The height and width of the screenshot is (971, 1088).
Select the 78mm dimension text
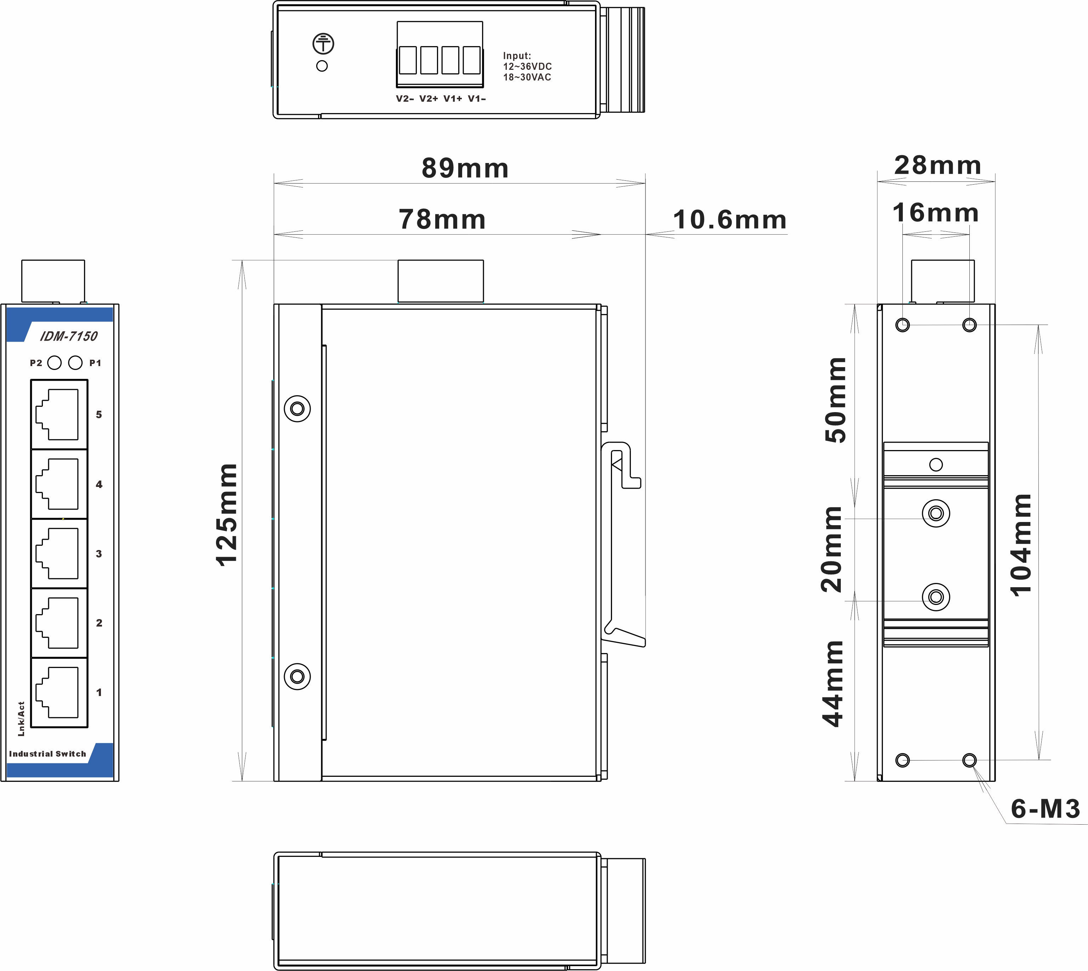point(442,219)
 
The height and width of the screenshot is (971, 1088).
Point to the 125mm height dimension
point(227,515)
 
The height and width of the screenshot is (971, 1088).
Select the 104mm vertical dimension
point(1020,545)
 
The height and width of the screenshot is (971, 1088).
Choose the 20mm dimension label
point(831,550)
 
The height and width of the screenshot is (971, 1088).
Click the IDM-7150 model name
point(69,336)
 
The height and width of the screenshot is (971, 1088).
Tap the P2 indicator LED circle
point(55,363)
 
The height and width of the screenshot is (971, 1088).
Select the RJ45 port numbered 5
point(59,415)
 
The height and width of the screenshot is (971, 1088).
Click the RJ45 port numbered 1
point(59,692)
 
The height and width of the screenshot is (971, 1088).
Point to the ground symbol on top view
point(323,44)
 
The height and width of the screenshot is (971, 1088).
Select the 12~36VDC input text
point(527,67)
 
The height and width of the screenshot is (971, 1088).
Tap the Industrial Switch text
point(47,754)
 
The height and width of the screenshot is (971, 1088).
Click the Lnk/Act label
point(21,719)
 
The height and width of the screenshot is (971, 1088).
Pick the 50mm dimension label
point(835,400)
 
